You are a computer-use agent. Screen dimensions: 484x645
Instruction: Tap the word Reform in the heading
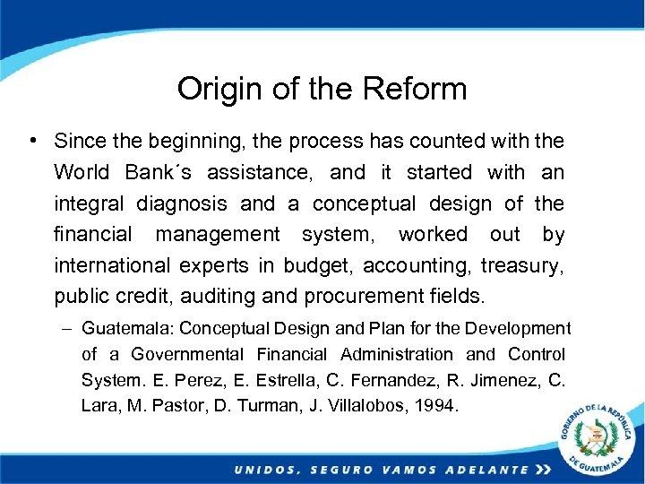[x=416, y=89]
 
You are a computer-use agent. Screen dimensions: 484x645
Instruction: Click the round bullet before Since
[x=31, y=140]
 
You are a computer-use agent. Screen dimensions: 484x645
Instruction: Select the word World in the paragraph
[x=82, y=172]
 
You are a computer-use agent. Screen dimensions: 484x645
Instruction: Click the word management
[x=218, y=235]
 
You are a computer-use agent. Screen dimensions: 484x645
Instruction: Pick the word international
[x=111, y=265]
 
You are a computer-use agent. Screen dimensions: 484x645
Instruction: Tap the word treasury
[x=522, y=265]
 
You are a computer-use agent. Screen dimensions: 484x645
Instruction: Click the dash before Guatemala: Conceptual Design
[x=68, y=329]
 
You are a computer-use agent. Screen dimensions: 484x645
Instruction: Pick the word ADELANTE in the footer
[x=484, y=470]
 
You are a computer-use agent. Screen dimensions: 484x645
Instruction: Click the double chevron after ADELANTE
[x=543, y=470]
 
